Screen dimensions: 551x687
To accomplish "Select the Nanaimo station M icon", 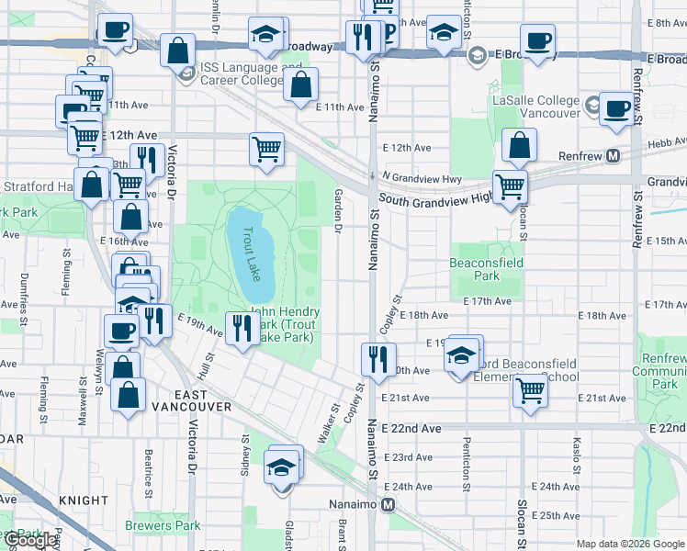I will (x=389, y=504).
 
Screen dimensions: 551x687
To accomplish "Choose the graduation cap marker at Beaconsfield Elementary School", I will (x=462, y=356).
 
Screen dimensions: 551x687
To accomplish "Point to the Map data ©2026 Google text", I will (x=630, y=544).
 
